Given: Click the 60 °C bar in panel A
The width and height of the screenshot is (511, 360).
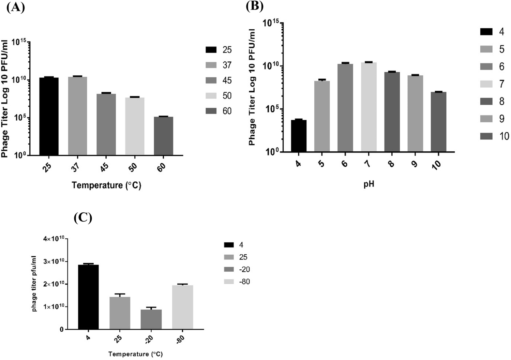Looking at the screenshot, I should tap(163, 136).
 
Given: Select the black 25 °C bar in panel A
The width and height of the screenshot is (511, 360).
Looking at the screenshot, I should tap(49, 116).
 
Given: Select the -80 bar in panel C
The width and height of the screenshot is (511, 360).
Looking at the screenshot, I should tap(183, 307).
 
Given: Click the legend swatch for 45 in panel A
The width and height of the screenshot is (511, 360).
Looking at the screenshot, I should tap(211, 80).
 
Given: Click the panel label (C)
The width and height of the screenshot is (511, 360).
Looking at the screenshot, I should tap(83, 218).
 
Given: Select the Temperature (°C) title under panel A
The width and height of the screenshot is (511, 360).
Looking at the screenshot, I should tap(106, 185).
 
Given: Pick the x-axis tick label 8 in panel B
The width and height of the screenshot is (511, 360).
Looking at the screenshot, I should tap(391, 163).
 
